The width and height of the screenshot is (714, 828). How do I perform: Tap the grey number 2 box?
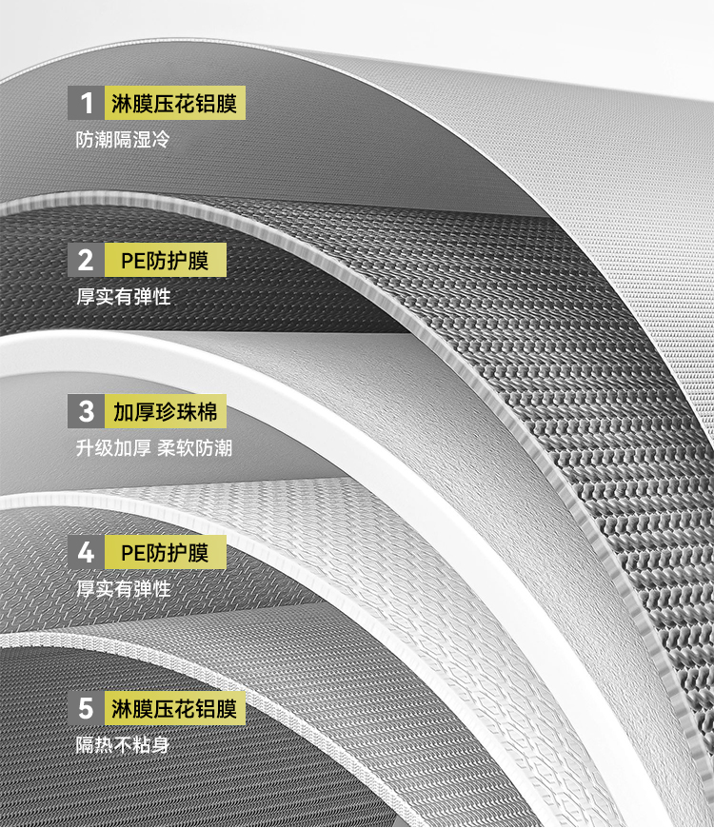[x=86, y=260]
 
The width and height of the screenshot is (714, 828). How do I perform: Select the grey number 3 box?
[x=86, y=411]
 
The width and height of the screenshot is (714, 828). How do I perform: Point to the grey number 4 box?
[x=86, y=552]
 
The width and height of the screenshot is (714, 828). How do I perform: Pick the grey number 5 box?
[x=86, y=708]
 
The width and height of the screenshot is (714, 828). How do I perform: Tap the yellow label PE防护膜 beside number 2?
[x=165, y=260]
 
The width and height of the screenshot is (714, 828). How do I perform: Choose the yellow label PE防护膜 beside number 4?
[x=165, y=552]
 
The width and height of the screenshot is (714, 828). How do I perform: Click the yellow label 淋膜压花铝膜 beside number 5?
[x=174, y=708]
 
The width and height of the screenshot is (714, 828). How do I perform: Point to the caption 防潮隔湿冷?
[x=123, y=140]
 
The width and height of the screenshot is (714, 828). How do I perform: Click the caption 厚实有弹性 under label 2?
[x=123, y=296]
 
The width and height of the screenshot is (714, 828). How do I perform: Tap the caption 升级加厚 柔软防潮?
[x=153, y=447]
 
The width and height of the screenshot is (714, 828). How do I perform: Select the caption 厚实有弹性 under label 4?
[x=123, y=589]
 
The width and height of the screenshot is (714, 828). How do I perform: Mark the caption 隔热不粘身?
[x=123, y=745]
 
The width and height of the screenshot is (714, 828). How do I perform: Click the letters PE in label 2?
[x=133, y=260]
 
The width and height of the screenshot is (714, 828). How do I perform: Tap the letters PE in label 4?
[x=133, y=552]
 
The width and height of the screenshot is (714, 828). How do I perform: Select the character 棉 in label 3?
[x=206, y=411]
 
